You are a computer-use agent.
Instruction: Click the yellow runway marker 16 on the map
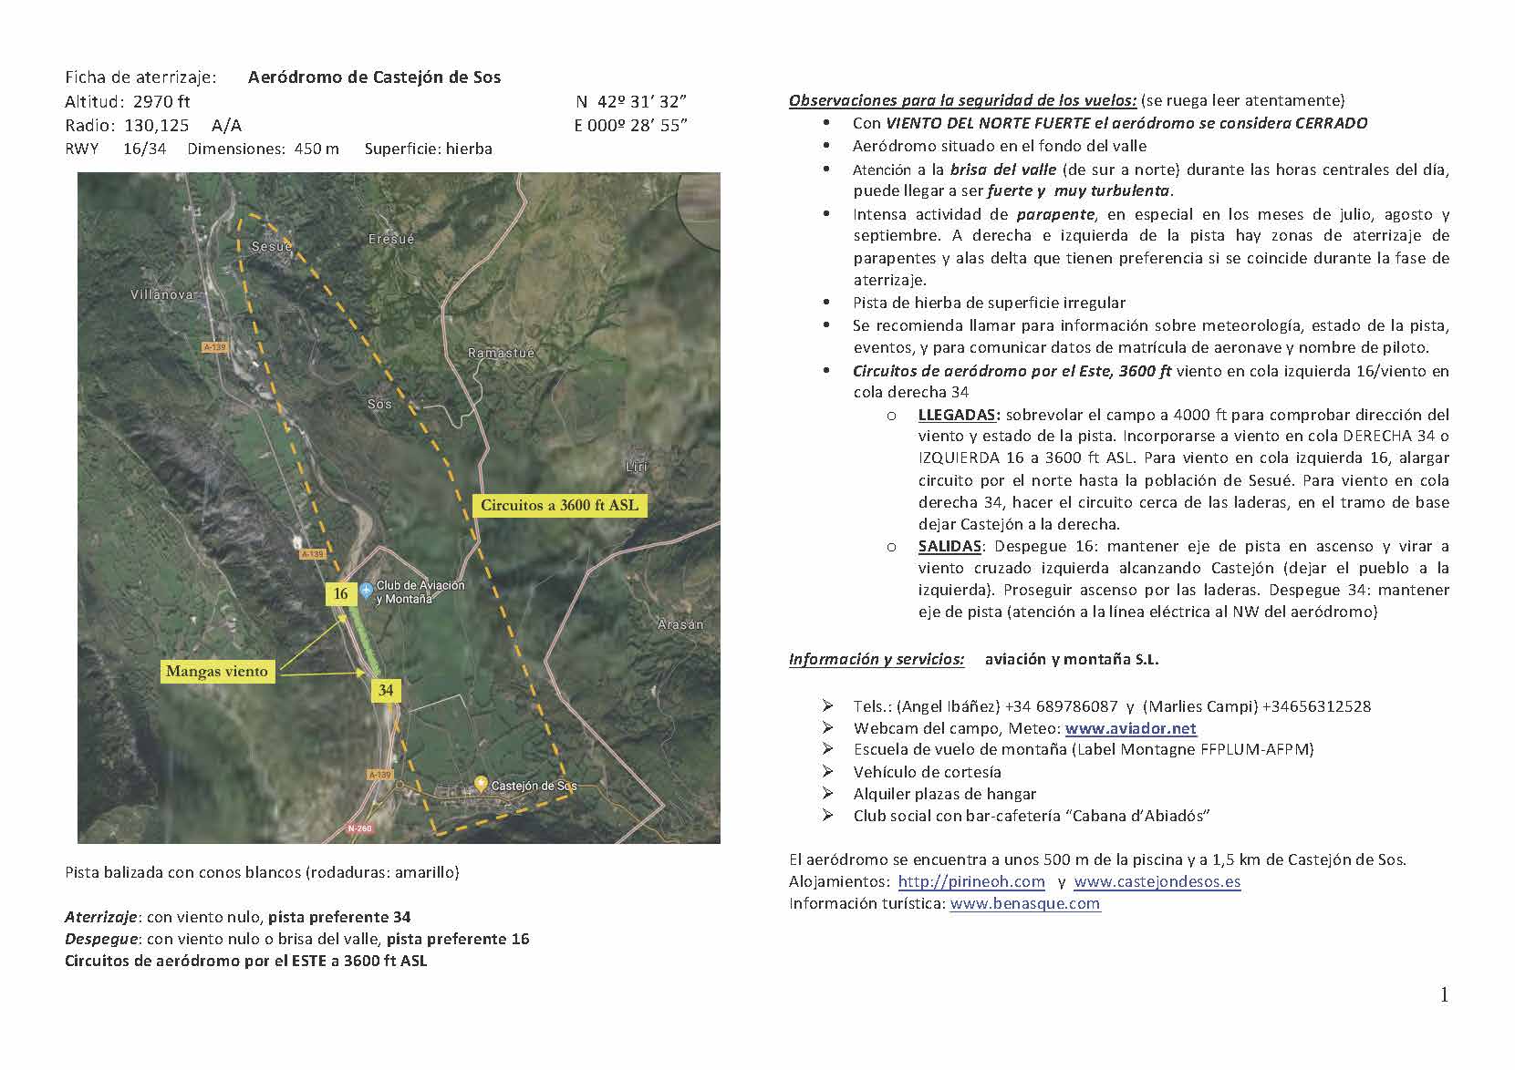pyautogui.click(x=340, y=594)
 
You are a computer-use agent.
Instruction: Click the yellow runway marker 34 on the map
pyautogui.click(x=386, y=690)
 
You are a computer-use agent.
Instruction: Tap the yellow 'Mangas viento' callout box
pyautogui.click(x=217, y=672)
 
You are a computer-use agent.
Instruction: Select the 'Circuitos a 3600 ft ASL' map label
pyautogui.click(x=559, y=505)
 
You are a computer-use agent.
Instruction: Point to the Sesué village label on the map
pyautogui.click(x=272, y=246)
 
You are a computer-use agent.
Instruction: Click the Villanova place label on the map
pyautogui.click(x=163, y=294)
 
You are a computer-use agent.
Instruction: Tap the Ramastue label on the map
pyautogui.click(x=501, y=353)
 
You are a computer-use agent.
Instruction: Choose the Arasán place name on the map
pyautogui.click(x=681, y=624)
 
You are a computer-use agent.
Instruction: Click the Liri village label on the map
pyautogui.click(x=636, y=467)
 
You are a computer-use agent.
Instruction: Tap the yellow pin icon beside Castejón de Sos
pyautogui.click(x=481, y=783)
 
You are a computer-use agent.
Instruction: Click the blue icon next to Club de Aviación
pyautogui.click(x=366, y=591)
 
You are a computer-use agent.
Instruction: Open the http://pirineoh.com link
pyautogui.click(x=971, y=881)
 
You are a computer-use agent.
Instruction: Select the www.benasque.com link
pyautogui.click(x=1024, y=903)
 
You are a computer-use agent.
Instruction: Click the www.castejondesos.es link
pyautogui.click(x=1157, y=881)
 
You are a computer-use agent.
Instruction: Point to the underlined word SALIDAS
pyautogui.click(x=949, y=546)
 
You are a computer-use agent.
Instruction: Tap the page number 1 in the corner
pyautogui.click(x=1444, y=995)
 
